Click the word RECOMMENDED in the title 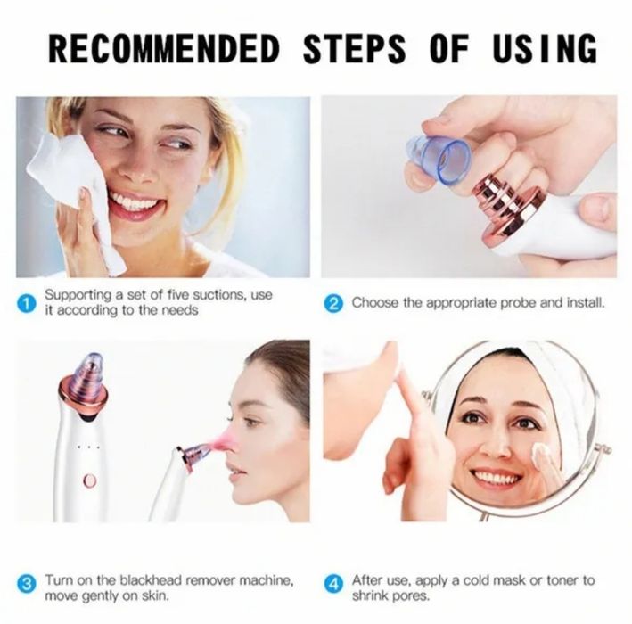[x=164, y=49]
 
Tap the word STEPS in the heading [x=354, y=49]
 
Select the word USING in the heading [x=544, y=49]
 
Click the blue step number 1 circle [x=26, y=304]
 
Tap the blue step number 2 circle [x=333, y=304]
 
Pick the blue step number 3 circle [x=26, y=584]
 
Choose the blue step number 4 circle [x=333, y=584]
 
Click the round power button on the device [x=89, y=480]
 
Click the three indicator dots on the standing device [x=88, y=447]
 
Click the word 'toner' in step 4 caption [x=562, y=580]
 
